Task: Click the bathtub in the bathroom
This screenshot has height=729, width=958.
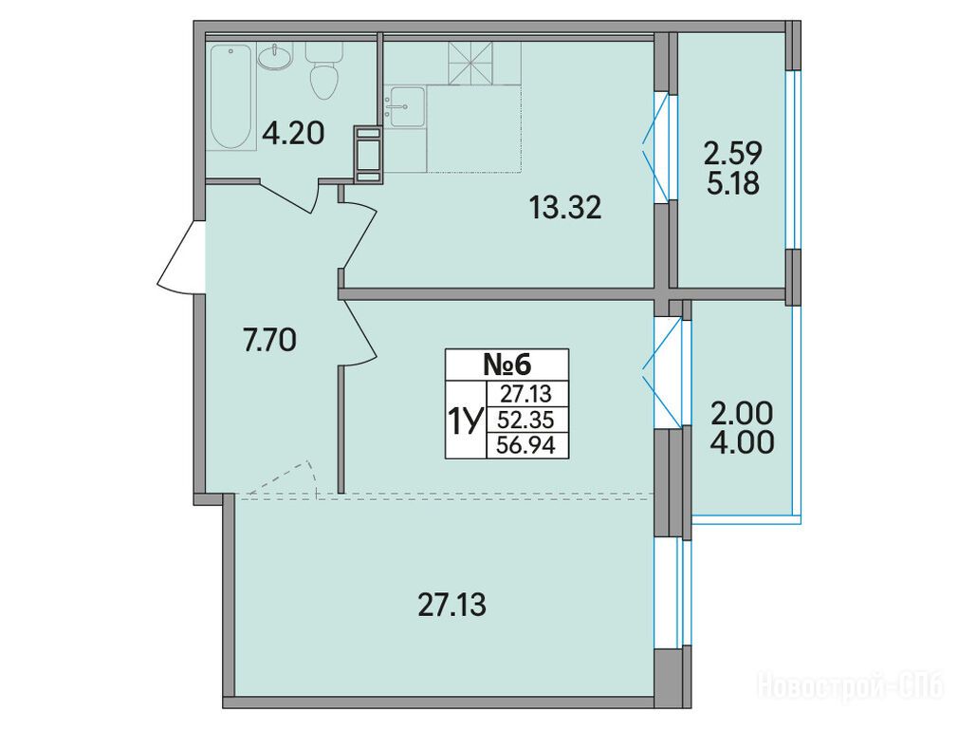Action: point(231,97)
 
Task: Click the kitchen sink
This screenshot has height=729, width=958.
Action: point(404,107)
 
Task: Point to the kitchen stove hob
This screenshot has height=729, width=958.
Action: point(470,63)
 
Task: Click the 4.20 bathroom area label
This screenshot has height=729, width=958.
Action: point(293,133)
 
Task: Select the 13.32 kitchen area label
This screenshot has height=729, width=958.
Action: point(565,209)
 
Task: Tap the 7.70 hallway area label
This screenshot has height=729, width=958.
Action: point(269,340)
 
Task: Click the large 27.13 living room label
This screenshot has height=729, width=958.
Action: point(452,606)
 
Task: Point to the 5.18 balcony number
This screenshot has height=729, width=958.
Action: point(733,182)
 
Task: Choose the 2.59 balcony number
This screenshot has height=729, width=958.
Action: point(733,154)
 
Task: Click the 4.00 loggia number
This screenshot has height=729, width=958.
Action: point(743,442)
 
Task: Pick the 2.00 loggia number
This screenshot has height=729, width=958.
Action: point(743,415)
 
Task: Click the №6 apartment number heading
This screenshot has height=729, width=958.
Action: point(507,365)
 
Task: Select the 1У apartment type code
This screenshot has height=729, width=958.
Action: point(466,421)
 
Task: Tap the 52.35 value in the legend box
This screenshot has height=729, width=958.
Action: point(526,420)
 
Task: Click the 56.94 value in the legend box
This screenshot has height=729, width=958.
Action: point(526,445)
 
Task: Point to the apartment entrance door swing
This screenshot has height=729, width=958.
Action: point(177,257)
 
